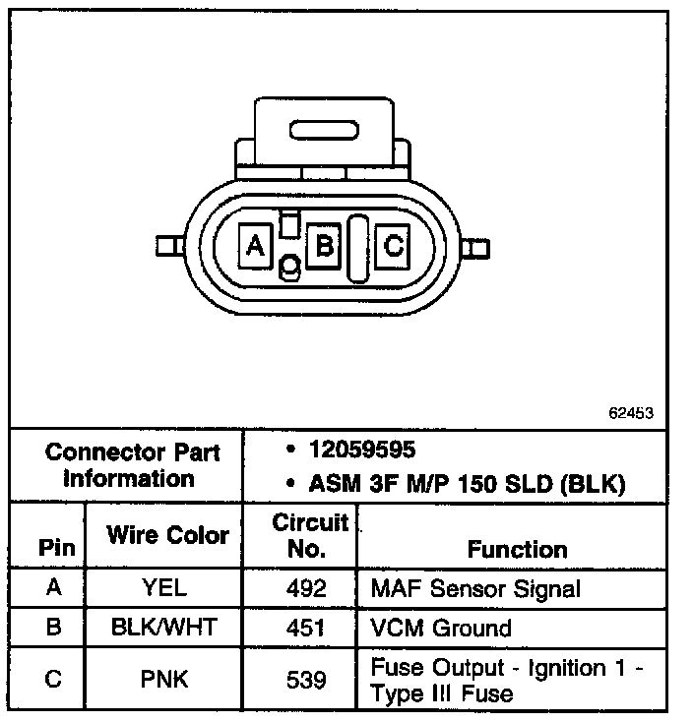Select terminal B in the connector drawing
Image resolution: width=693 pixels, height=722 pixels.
point(323,244)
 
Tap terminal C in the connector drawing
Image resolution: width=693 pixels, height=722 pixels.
point(393,244)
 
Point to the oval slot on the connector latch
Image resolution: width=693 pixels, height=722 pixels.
point(325,129)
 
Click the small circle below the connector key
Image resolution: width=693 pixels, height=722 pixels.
point(290,267)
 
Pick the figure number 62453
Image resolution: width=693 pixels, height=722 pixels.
point(631,413)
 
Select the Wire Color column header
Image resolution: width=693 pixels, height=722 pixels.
point(167,536)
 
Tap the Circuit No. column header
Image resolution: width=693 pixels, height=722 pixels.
point(310,535)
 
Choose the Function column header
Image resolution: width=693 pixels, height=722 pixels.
point(517,549)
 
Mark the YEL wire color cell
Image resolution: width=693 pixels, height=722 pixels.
point(165,589)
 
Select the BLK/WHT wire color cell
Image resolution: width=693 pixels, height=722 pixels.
point(165,629)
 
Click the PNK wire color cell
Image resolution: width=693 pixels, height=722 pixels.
point(165,679)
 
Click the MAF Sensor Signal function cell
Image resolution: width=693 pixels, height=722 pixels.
point(475,589)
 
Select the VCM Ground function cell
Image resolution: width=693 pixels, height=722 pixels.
point(441,629)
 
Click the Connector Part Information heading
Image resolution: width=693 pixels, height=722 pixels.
point(133,465)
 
